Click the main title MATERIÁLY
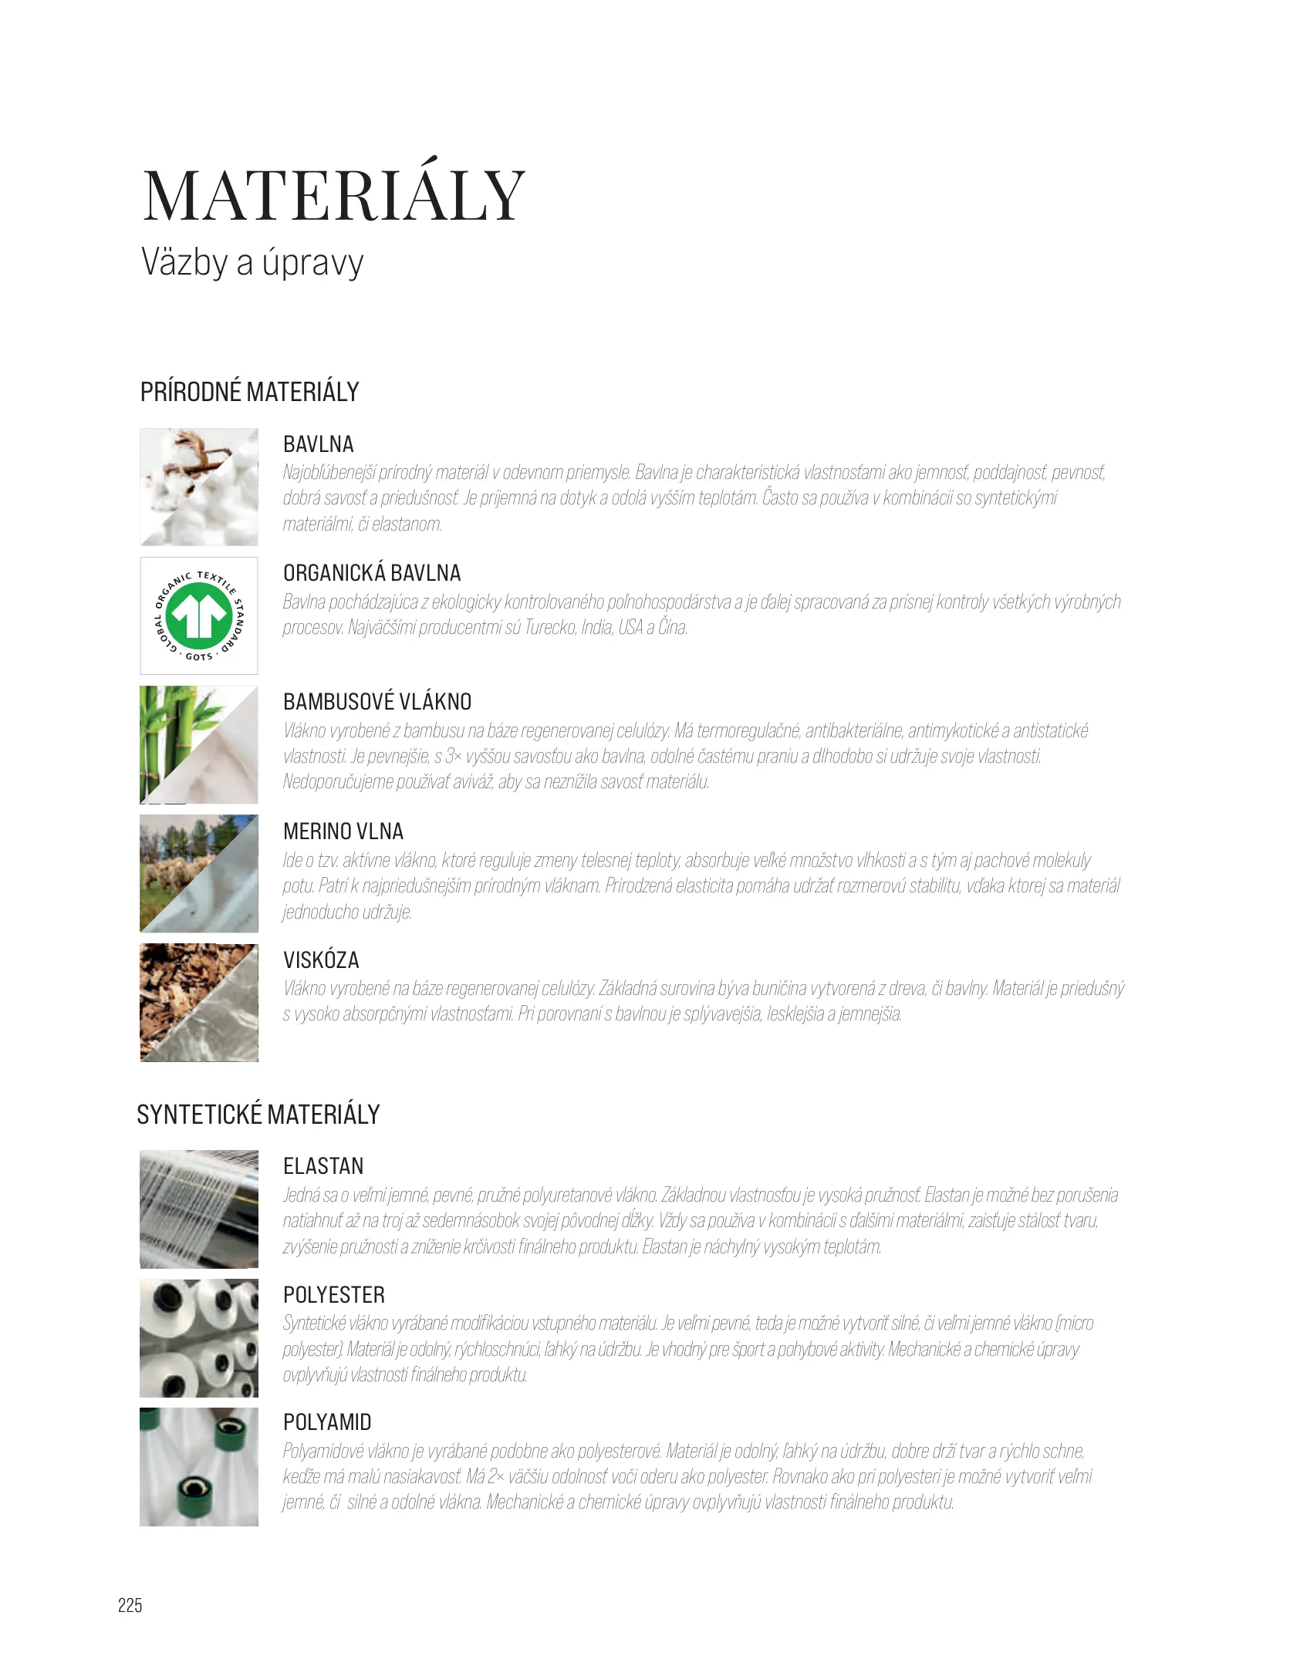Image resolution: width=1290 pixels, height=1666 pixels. tap(333, 196)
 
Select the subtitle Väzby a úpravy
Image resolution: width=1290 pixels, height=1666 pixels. tap(252, 262)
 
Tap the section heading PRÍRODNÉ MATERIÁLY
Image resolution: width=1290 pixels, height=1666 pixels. tap(249, 392)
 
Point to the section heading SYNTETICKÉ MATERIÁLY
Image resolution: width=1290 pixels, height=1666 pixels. tap(258, 1115)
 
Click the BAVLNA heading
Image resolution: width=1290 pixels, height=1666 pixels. tap(318, 444)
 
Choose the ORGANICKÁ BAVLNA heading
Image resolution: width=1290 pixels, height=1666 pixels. tap(372, 573)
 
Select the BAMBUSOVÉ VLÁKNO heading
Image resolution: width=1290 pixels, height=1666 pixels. tap(377, 702)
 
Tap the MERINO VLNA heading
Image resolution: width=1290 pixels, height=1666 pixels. tap(343, 831)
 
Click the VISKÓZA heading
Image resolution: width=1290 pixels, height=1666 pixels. tap(321, 960)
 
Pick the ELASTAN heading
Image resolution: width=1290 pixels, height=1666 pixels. tap(323, 1166)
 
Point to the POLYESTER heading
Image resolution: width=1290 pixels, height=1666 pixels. tap(334, 1295)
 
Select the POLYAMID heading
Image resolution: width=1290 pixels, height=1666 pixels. tap(327, 1422)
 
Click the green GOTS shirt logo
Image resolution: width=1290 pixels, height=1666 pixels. tap(199, 615)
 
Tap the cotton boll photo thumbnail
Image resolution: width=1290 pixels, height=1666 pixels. tap(198, 487)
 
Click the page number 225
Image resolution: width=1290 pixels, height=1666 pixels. tap(130, 1605)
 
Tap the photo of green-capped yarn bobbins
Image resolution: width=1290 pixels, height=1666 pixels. tap(198, 1467)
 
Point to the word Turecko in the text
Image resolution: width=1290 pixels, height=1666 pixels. tap(550, 628)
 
